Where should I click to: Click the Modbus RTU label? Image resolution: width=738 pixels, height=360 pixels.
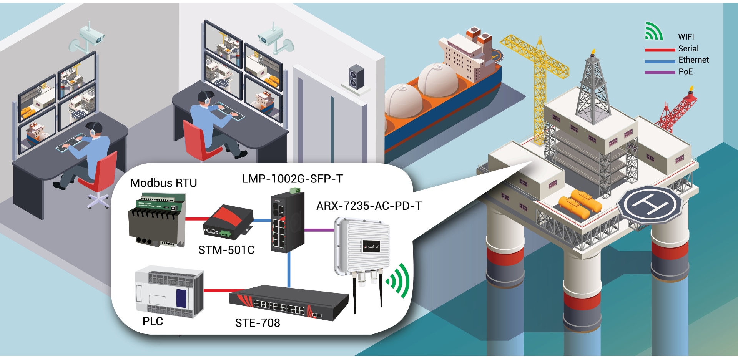(163, 183)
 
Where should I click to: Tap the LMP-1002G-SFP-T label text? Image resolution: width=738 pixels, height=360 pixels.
(292, 179)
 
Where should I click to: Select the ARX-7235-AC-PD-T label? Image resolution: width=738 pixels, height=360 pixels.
(369, 206)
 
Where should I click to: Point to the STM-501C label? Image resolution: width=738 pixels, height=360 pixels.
(226, 250)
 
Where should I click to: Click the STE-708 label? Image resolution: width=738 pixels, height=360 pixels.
(258, 323)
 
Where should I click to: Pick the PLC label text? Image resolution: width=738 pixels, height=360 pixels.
(153, 321)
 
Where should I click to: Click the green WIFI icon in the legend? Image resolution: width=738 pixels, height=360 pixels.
(653, 32)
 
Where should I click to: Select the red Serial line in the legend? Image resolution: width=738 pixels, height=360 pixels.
(660, 50)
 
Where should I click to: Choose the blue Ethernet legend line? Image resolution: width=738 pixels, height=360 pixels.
(660, 61)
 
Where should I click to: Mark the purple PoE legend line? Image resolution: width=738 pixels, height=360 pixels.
(660, 72)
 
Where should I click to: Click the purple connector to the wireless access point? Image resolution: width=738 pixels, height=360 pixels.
(319, 230)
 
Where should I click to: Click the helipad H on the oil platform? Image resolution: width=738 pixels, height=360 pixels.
(650, 204)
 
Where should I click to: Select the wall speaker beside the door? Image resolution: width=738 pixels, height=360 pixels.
(356, 77)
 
